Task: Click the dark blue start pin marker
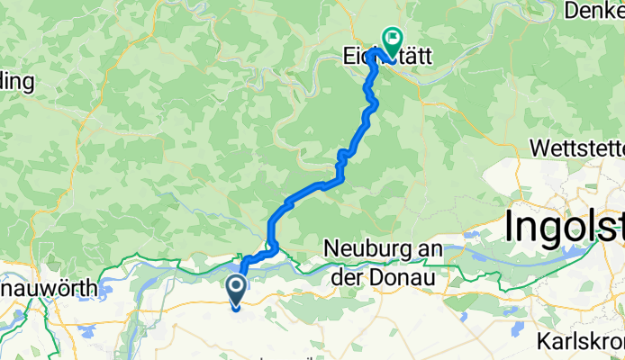tap(236, 292)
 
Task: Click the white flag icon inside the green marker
tap(393, 39)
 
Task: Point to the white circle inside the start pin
tap(236, 288)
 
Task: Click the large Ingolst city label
tap(564, 226)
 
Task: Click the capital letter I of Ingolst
tap(510, 226)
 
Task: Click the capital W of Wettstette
tap(542, 147)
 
